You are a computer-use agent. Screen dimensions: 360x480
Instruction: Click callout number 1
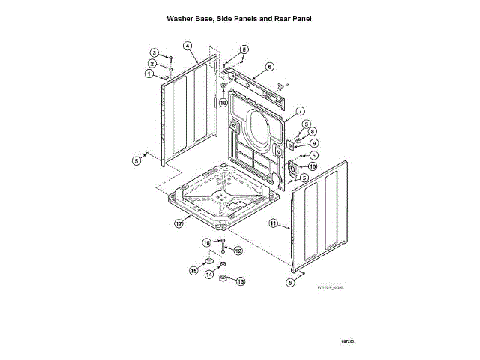(149, 73)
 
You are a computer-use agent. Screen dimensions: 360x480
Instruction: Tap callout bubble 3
(154, 52)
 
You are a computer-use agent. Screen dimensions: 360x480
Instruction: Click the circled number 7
(299, 110)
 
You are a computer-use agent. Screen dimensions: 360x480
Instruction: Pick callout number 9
(314, 142)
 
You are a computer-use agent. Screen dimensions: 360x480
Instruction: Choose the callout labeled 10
(313, 166)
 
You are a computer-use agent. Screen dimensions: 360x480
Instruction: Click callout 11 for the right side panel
(274, 223)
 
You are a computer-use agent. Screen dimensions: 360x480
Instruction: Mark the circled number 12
(238, 250)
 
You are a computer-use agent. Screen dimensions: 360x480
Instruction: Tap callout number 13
(240, 281)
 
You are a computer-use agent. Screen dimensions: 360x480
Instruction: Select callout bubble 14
(210, 274)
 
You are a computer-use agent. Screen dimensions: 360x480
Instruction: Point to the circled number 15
(193, 270)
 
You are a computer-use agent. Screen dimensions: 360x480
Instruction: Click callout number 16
(207, 242)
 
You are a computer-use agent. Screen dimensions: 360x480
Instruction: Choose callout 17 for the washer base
(179, 223)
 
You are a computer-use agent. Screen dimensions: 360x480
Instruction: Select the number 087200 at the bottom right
(347, 341)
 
